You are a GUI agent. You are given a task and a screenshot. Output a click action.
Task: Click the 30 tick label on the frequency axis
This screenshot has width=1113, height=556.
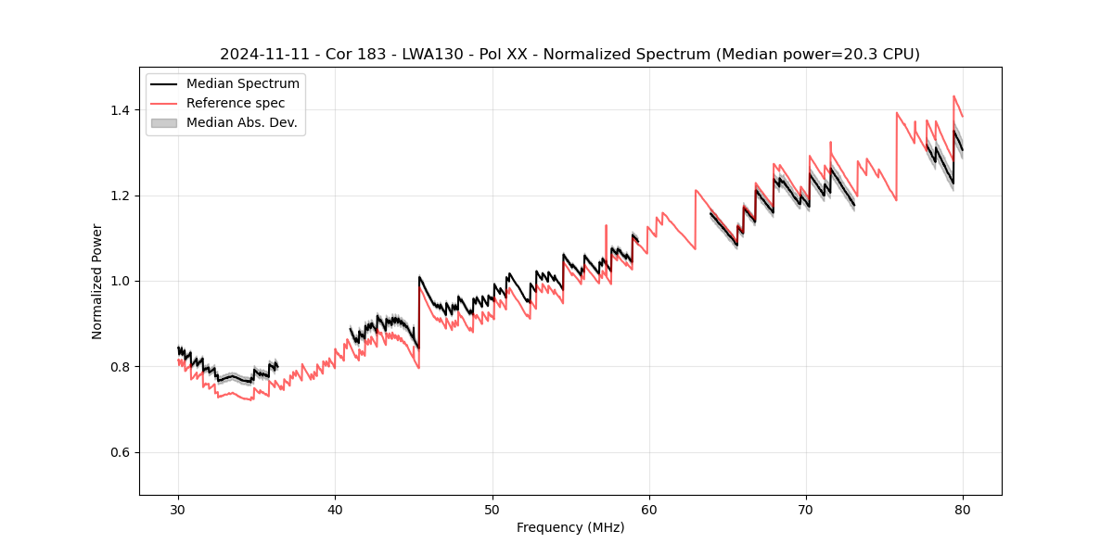[178, 509]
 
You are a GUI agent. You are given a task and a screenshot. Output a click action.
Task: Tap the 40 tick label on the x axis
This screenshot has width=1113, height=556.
[335, 509]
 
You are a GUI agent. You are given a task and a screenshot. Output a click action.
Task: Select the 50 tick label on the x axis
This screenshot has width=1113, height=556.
[492, 509]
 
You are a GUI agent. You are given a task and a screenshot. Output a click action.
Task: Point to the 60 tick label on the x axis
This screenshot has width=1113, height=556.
[649, 509]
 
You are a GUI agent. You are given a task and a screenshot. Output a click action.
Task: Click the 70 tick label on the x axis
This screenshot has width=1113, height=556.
[806, 509]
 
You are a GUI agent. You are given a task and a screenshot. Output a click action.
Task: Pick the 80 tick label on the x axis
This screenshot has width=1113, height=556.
[963, 509]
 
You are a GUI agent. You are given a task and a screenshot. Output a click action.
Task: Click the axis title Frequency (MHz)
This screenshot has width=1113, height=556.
[570, 527]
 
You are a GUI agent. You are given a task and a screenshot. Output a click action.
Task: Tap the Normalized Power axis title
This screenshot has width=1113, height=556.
[97, 281]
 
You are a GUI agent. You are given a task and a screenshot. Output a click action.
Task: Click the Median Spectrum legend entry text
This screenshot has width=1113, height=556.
[243, 84]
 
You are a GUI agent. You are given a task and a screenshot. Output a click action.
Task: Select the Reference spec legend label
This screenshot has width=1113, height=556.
[236, 103]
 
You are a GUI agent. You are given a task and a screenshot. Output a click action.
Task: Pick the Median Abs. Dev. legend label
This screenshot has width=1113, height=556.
[242, 122]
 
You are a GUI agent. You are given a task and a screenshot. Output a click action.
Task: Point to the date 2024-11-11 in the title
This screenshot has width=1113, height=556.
[260, 55]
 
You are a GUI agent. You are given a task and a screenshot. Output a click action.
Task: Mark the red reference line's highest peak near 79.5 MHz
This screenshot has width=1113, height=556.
[953, 95]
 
